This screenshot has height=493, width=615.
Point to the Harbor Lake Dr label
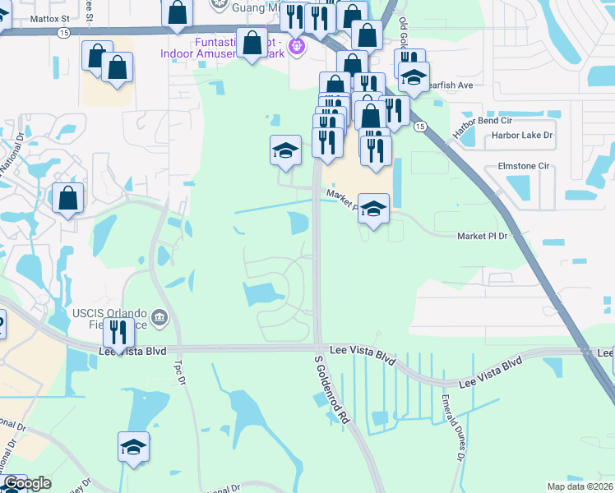click(x=521, y=135)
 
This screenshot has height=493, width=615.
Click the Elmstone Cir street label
click(x=523, y=165)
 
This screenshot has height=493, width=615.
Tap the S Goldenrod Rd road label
click(x=333, y=389)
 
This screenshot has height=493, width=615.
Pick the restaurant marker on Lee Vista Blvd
click(x=118, y=333)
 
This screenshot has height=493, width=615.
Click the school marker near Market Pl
click(x=373, y=209)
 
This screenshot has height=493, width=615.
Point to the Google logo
click(x=28, y=484)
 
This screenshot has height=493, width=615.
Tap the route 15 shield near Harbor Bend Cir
click(x=420, y=126)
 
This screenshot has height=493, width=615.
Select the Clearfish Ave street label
click(x=451, y=85)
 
